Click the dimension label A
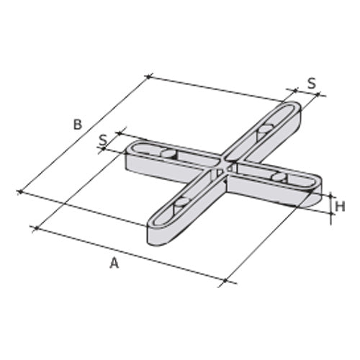[x=114, y=264]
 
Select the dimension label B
[x=78, y=124]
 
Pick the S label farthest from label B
[x=311, y=83]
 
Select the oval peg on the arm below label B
[x=168, y=153]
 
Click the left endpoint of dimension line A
[x=35, y=228]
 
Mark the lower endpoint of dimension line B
[x=18, y=192]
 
